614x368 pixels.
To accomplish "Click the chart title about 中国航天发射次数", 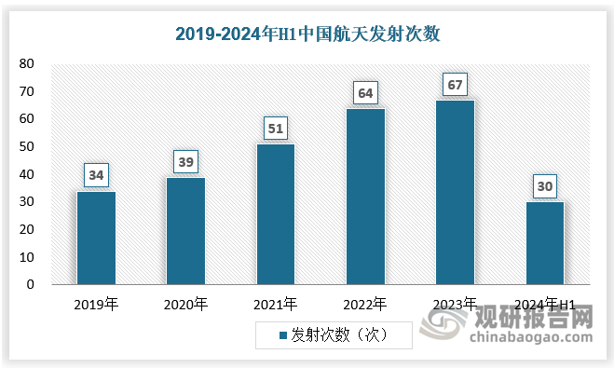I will [307, 34].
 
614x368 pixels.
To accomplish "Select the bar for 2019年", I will [96, 238].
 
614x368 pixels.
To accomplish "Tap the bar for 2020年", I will [185, 230].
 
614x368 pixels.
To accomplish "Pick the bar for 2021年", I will [275, 214].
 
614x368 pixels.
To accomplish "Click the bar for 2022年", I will [365, 197].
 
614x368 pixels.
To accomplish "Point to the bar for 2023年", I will [455, 192].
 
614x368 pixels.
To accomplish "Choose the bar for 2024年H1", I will [544, 243].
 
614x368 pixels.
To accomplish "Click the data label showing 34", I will [96, 174].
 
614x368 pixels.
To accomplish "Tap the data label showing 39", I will [185, 161].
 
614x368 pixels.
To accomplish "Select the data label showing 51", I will [275, 128].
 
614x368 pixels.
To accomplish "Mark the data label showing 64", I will [365, 92].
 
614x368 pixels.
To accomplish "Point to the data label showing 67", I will [455, 84].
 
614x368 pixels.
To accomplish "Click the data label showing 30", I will [544, 185].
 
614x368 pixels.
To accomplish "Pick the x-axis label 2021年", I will [275, 304].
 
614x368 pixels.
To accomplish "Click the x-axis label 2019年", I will [96, 304].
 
